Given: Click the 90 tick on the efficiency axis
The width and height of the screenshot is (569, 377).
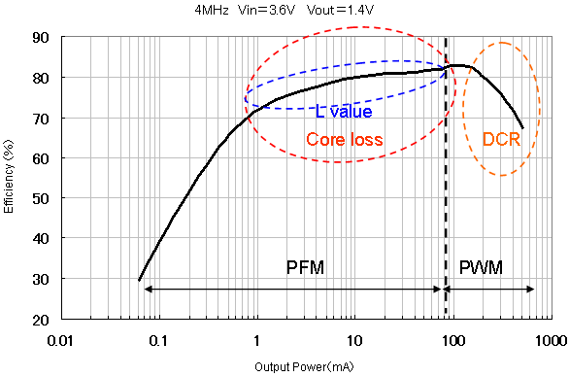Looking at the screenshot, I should click(42, 37).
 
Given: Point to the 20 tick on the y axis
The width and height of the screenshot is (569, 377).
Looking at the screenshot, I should click(42, 320).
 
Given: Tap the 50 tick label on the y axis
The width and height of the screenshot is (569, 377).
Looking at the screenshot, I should click(42, 198).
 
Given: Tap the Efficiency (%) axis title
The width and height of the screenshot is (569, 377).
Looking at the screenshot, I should click(9, 178).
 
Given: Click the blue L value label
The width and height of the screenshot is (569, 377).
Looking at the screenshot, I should click(345, 112).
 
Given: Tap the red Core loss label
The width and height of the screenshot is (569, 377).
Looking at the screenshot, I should click(345, 140).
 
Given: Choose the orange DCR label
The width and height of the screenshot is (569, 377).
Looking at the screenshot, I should click(502, 140).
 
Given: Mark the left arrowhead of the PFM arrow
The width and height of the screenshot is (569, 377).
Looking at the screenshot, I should click(147, 289).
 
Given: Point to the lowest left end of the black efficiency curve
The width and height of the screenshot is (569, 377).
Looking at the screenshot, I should click(140, 281).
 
